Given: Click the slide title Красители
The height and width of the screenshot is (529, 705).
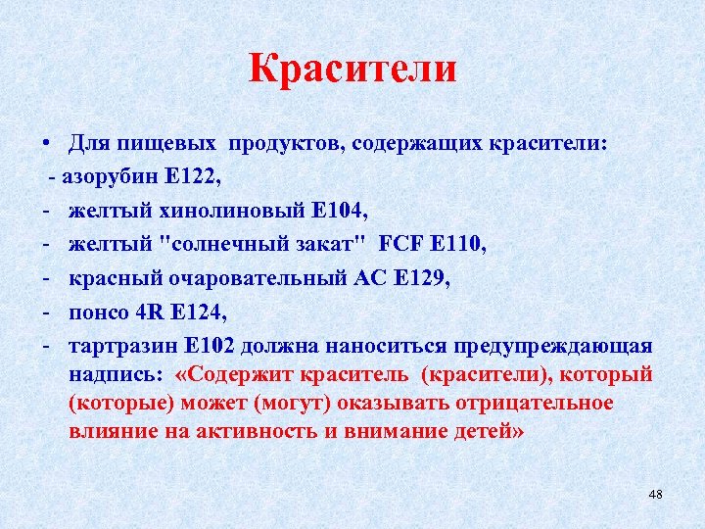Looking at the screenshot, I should pos(352,70).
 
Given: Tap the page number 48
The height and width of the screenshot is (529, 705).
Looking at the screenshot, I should pos(655,494).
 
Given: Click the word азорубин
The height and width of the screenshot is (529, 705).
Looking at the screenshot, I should pos(107,177).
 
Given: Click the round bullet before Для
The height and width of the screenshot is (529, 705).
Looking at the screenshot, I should pos(47,145).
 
